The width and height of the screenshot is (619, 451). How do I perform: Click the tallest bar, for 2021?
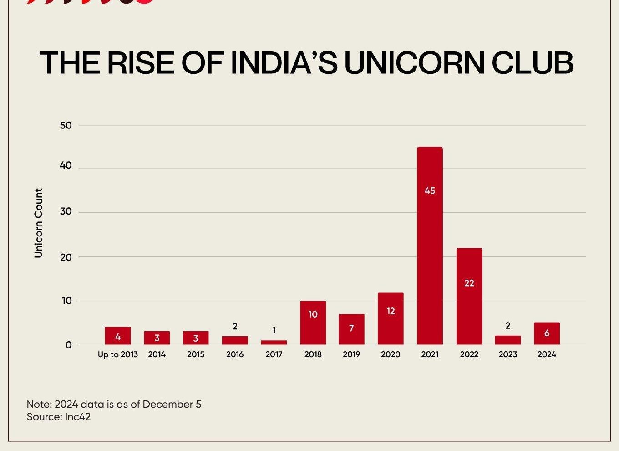tap(430, 246)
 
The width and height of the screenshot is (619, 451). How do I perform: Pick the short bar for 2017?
tap(274, 342)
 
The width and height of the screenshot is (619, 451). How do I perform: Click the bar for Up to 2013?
tap(117, 336)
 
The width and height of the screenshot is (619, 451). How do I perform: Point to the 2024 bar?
tap(547, 333)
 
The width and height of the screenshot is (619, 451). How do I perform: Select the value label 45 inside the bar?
tap(430, 191)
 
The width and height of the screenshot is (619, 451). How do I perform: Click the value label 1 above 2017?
tap(274, 331)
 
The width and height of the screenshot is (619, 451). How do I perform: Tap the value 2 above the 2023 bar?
tap(507, 326)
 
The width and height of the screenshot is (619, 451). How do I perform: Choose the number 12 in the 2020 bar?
tap(391, 312)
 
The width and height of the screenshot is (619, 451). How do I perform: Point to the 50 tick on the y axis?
tap(66, 125)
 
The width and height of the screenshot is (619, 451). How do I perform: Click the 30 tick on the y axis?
tap(66, 211)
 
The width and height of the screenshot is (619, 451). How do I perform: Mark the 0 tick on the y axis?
tap(69, 345)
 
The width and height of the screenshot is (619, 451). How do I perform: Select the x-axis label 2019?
tap(351, 354)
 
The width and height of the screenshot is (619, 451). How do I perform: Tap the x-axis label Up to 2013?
tap(117, 354)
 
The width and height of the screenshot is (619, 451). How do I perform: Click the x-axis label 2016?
tap(235, 354)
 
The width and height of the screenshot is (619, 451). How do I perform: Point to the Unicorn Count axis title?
tap(38, 223)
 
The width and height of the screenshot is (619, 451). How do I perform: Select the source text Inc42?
tap(78, 417)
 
